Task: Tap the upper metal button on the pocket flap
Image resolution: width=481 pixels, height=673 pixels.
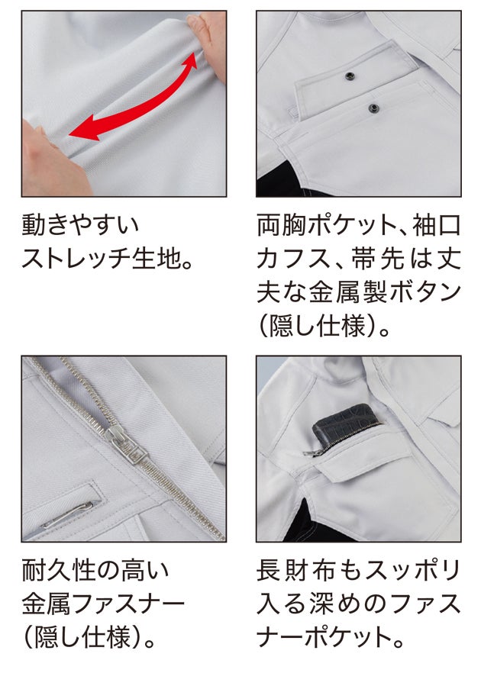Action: pyautogui.click(x=350, y=76)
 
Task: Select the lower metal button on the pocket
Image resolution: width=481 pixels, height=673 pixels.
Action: pyautogui.click(x=373, y=108)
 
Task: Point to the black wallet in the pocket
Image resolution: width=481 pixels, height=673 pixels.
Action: pyautogui.click(x=344, y=427)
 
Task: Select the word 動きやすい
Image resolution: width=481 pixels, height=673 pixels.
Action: pyautogui.click(x=81, y=224)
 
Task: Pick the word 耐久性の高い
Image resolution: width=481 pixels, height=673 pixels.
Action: pyautogui.click(x=96, y=571)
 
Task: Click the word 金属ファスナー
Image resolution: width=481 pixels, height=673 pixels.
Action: pyautogui.click(x=104, y=604)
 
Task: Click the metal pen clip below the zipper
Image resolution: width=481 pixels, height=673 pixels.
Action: pyautogui.click(x=68, y=514)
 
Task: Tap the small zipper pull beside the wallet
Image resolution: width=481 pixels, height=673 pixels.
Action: pyautogui.click(x=312, y=452)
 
